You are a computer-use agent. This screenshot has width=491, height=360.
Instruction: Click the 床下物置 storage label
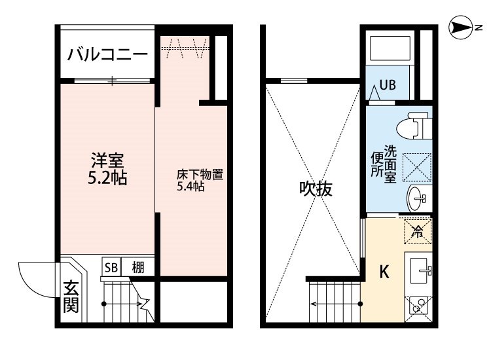200,175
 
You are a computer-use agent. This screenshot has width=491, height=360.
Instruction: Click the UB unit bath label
389,85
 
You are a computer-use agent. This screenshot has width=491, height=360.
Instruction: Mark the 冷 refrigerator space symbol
417,230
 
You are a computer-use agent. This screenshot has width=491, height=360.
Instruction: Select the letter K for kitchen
385,272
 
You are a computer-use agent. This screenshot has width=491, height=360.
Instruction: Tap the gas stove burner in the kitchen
417,306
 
